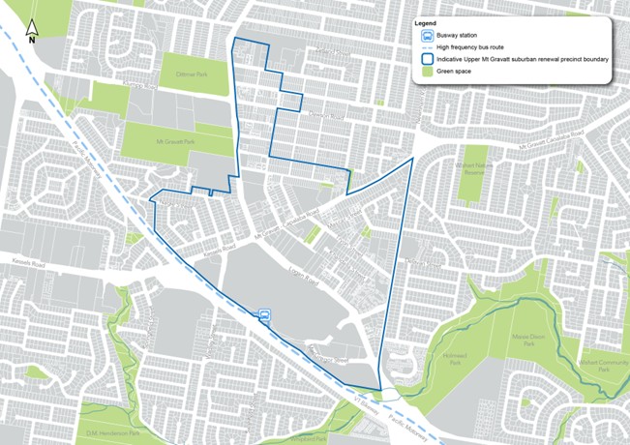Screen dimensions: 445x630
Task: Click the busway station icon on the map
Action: [x=264, y=314]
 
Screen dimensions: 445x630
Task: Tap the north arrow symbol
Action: [x=31, y=33]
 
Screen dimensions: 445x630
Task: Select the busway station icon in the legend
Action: [x=425, y=35]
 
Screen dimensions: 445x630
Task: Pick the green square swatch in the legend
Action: [x=425, y=71]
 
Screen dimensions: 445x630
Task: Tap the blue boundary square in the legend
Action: [x=425, y=58]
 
